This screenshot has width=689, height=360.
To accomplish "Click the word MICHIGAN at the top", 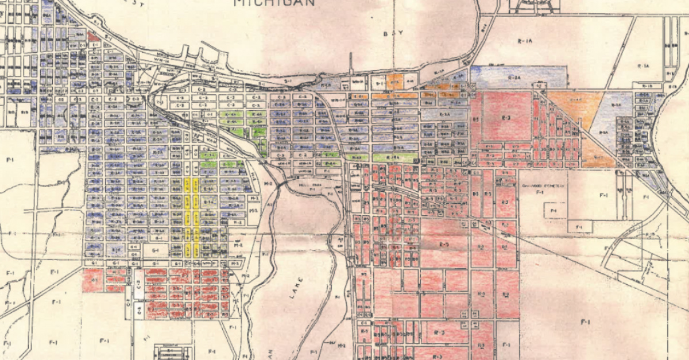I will [274, 2].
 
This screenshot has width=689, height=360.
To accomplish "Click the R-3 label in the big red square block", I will [506, 117].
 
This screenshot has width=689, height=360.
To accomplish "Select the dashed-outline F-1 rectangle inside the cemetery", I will [552, 212].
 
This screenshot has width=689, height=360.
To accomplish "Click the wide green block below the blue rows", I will [393, 157].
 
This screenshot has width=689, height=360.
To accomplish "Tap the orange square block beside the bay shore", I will [395, 81].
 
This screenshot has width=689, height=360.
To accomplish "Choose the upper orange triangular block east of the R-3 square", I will [575, 106].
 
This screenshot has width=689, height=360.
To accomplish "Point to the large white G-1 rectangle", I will [155, 251].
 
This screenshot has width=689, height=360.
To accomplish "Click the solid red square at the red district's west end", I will [92, 280].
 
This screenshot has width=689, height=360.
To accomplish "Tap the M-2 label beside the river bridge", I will [268, 184].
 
